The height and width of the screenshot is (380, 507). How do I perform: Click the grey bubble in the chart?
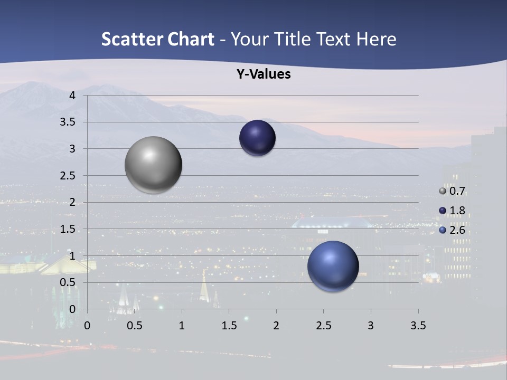tap(154, 165)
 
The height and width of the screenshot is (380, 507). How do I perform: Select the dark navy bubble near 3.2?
tap(257, 138)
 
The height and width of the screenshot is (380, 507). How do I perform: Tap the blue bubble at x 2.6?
tap(333, 266)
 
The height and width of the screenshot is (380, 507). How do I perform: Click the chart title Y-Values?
tap(263, 74)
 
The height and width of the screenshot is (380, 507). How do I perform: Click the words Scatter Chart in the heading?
tap(157, 39)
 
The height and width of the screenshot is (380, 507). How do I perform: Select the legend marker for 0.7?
tap(443, 191)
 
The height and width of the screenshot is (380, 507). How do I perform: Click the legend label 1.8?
tap(457, 211)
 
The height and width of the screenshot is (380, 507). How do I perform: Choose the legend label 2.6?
tap(457, 230)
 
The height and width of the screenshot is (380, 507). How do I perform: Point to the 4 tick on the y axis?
tap(72, 96)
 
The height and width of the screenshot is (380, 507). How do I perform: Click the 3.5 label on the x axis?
tap(418, 326)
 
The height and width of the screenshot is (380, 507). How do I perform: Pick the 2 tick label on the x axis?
tap(276, 326)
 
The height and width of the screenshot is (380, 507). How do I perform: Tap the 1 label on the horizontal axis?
tap(182, 326)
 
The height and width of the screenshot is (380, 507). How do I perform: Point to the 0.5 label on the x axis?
tap(134, 326)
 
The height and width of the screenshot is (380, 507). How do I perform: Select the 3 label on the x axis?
tap(371, 326)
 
